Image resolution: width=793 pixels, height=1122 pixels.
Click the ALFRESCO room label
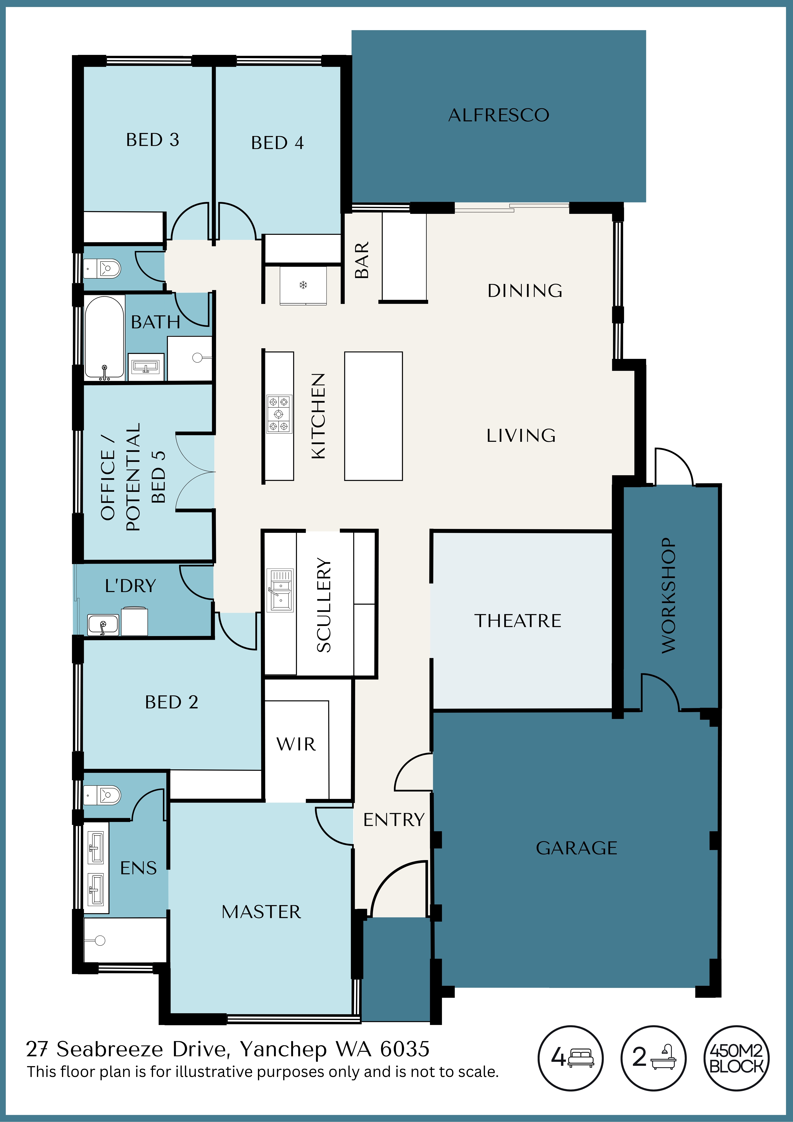coord(499,115)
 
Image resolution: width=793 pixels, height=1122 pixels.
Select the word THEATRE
coord(518,621)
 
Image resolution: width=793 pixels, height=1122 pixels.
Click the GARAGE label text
coord(577,848)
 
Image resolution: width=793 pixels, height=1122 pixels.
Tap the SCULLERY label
coord(324,605)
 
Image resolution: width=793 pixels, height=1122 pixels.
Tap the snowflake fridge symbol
coord(303,284)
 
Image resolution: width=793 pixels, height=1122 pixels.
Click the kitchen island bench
coord(373,416)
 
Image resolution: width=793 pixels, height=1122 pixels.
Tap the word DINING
coord(525,291)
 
